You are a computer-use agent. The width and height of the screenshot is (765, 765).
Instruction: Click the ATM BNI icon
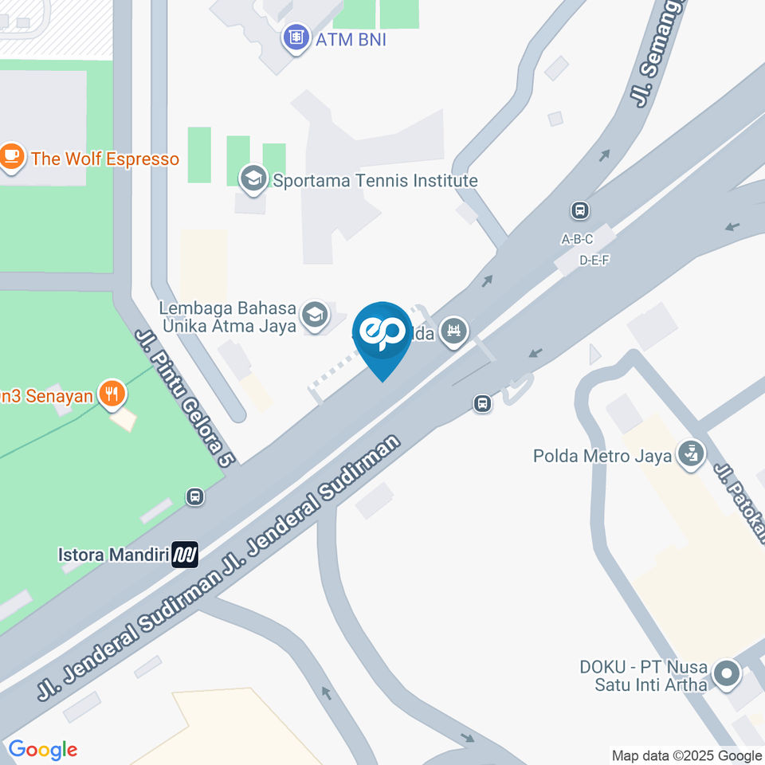pos(296,37)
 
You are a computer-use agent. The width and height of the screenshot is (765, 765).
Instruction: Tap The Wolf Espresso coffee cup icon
pos(11,158)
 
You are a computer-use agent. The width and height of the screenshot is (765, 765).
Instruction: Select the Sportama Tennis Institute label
pos(375,181)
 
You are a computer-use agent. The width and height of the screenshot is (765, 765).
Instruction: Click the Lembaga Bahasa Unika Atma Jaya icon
pos(316,316)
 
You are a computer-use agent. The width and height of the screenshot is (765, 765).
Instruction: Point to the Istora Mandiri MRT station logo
pos(186,554)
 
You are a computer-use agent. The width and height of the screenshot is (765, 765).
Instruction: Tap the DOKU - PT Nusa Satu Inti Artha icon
pos(726,674)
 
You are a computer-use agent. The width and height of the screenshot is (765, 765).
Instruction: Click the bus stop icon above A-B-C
pos(579,211)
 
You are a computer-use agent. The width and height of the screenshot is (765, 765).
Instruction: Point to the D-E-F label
pos(594,260)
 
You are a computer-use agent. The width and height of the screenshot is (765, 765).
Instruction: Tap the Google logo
pos(43,749)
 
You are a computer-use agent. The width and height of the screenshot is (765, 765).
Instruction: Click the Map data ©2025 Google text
pos(686,755)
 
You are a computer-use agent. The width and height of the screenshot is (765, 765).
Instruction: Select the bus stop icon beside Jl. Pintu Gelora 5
pos(194,497)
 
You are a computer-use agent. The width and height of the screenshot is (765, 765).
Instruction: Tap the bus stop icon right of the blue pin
pos(482,403)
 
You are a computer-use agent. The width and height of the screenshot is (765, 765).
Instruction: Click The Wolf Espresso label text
pos(105,159)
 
